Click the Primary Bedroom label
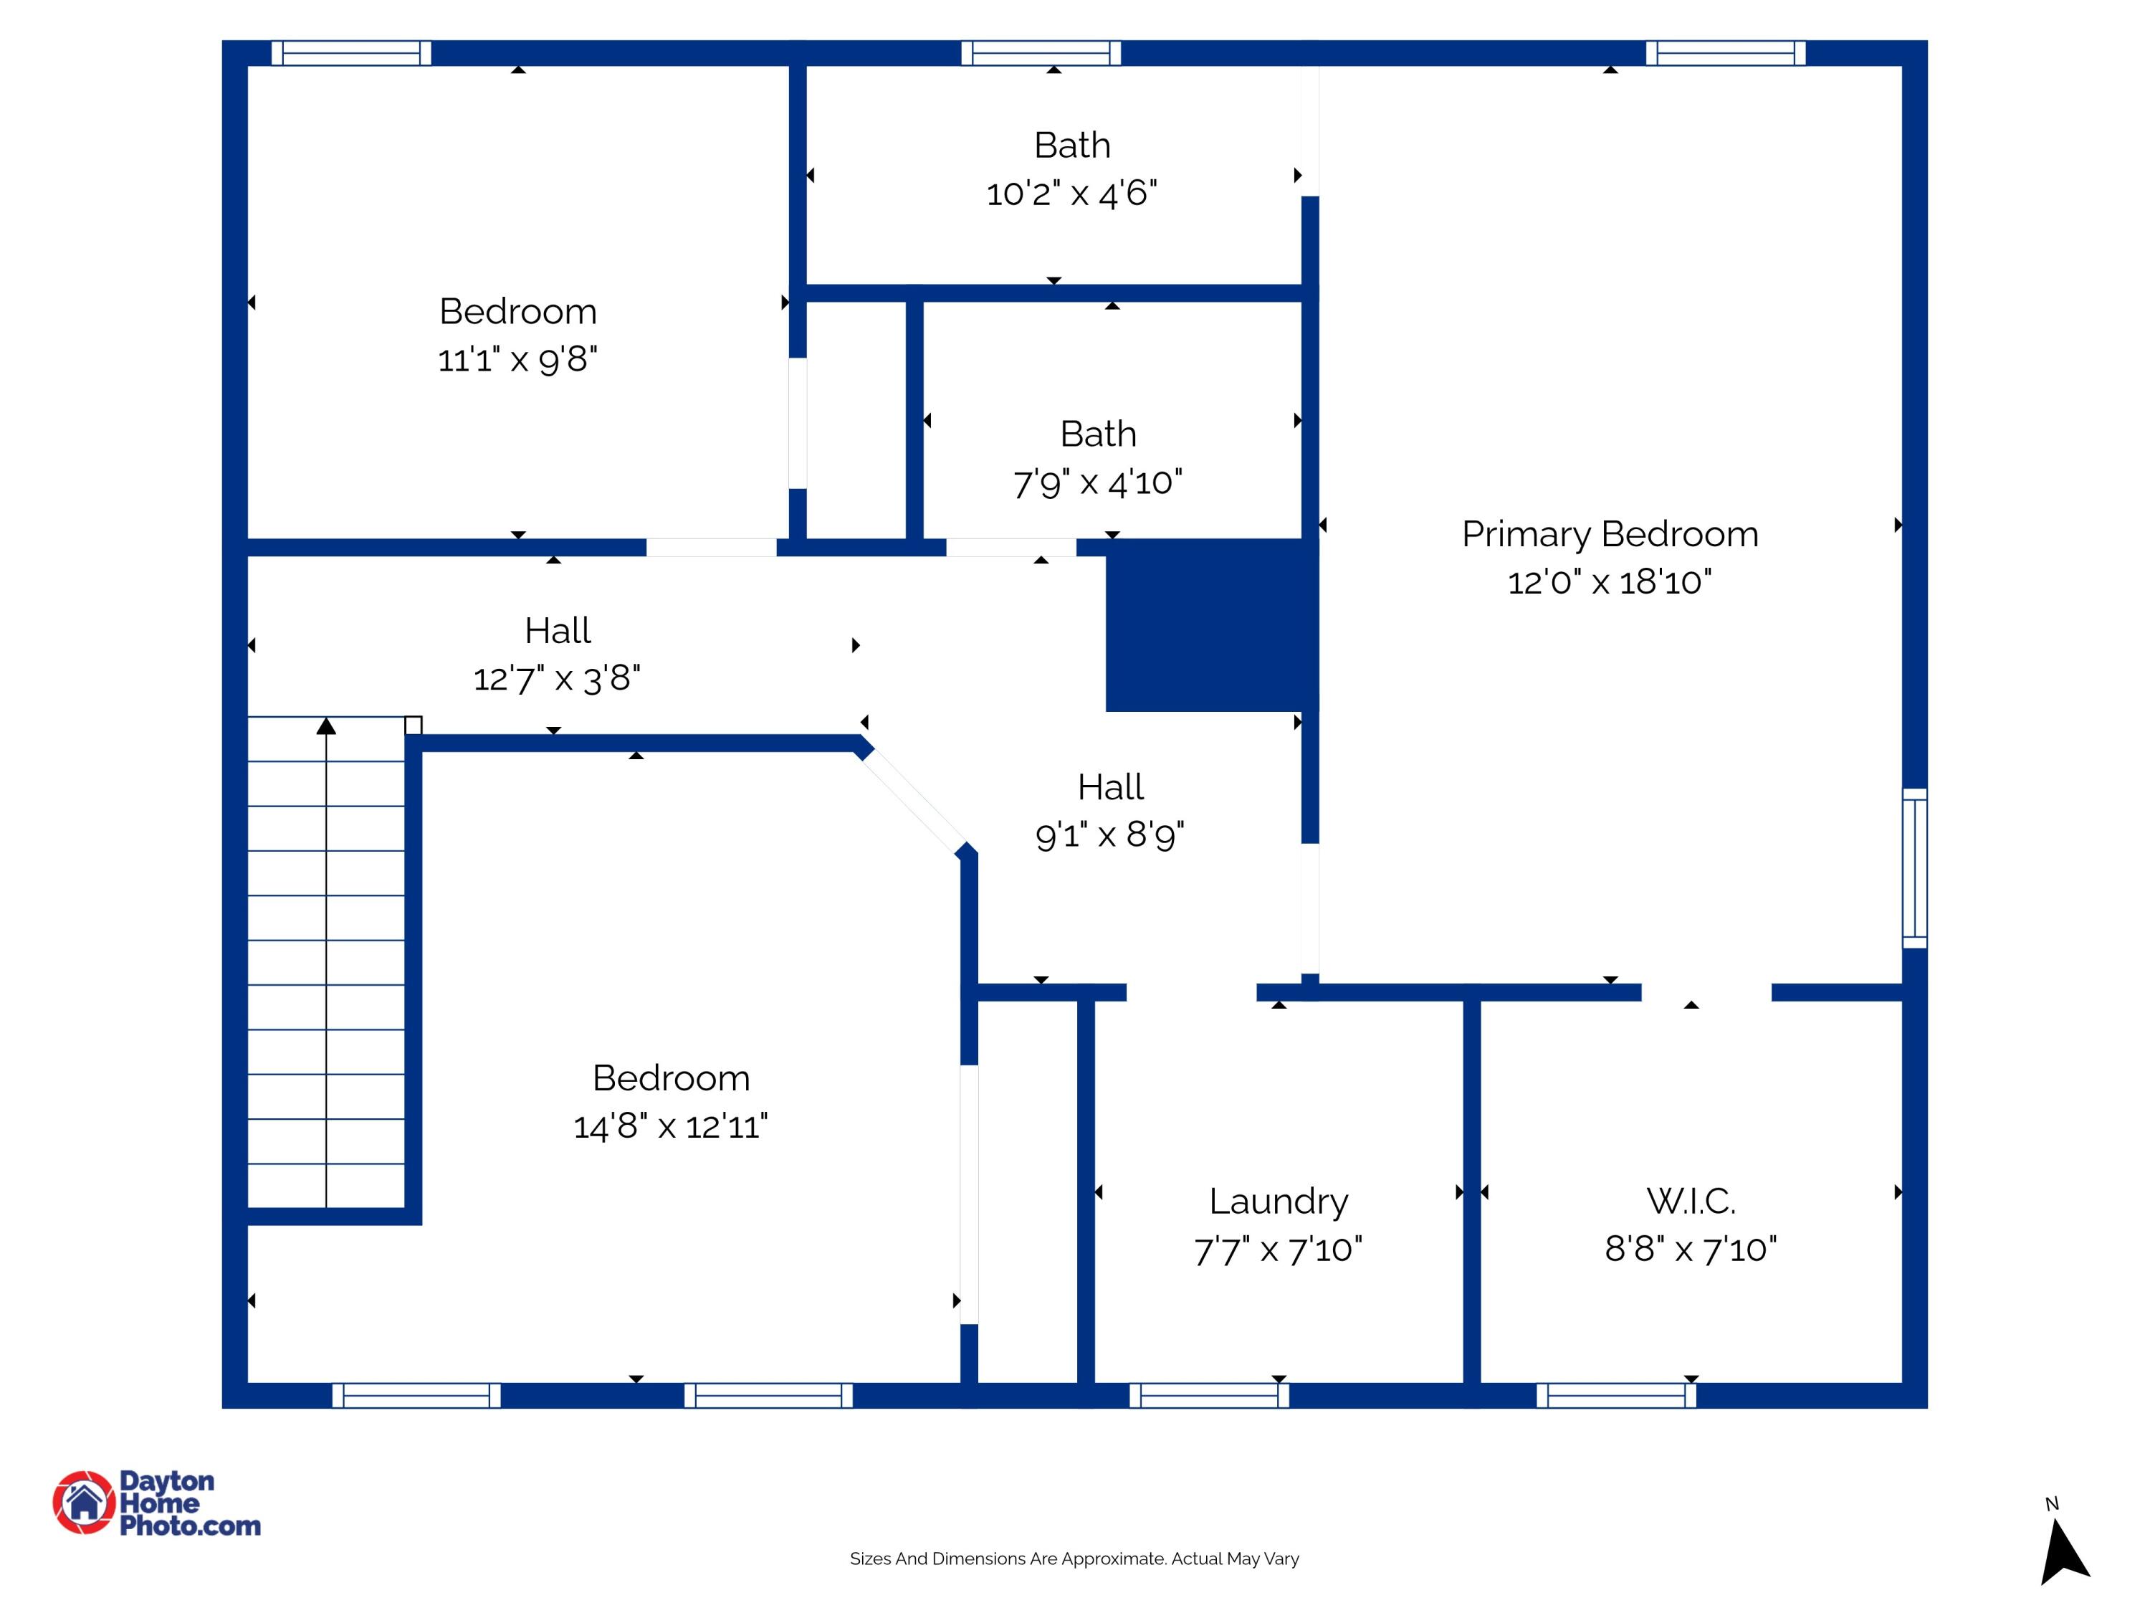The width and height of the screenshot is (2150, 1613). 1610,534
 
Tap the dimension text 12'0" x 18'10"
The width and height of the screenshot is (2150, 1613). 1610,582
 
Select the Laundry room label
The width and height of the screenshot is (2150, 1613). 1278,1201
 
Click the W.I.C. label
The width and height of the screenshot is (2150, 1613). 1690,1201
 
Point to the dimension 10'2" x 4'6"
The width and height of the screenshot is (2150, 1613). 1071,194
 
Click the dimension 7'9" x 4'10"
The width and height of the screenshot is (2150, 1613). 1097,482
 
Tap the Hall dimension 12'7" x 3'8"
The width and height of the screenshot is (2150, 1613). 557,679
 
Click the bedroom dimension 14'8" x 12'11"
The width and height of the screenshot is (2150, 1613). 671,1126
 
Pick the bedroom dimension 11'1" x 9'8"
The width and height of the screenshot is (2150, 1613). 517,360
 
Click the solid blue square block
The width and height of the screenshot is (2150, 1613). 1211,626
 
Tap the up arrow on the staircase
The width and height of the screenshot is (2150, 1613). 327,726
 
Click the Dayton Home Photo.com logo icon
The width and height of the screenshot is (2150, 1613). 84,1502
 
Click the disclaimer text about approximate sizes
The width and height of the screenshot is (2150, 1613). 1074,1559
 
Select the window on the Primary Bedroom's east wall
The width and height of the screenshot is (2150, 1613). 1913,868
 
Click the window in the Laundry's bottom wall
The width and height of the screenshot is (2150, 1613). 1209,1395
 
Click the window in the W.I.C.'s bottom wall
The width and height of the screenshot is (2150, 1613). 1616,1395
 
